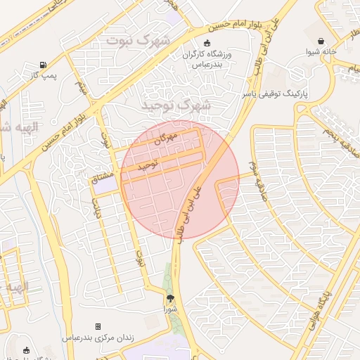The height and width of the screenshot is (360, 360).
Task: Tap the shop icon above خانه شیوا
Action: [321, 41]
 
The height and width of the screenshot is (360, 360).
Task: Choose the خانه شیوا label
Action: [321, 51]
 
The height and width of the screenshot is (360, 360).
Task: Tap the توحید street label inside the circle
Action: [148, 166]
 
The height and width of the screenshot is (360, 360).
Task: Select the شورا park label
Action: [171, 308]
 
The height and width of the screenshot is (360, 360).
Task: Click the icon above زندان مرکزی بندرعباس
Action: [98, 327]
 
